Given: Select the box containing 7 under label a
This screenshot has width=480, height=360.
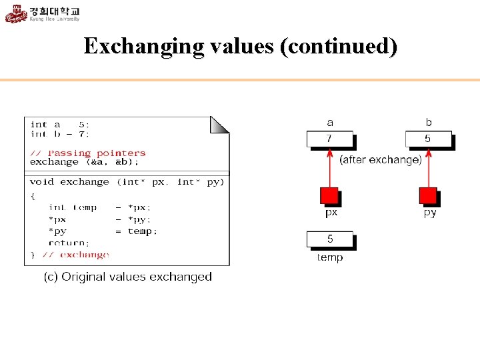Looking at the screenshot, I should [x=329, y=139].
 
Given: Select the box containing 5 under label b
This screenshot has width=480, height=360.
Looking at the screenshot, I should [x=428, y=139].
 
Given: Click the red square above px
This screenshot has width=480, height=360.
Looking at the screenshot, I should [x=329, y=196].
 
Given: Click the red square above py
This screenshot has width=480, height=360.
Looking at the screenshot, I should [x=428, y=196].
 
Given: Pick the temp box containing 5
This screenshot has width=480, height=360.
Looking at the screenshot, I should [x=329, y=239].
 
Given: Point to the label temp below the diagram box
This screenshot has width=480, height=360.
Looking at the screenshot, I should [x=330, y=257].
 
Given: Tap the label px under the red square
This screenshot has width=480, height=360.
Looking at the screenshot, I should [x=331, y=213].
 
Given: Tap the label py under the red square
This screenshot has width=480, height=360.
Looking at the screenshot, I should [x=430, y=213].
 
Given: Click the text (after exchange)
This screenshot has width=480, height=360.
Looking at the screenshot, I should [x=381, y=160].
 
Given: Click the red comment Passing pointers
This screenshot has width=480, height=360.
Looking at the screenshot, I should [x=97, y=153].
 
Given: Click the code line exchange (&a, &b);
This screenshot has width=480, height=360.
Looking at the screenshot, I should [x=85, y=162].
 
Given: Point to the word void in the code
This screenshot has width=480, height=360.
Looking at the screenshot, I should [x=42, y=182].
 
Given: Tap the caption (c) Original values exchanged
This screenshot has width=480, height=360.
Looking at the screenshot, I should [x=127, y=277].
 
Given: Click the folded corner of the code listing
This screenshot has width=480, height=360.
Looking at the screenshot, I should [x=221, y=124].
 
